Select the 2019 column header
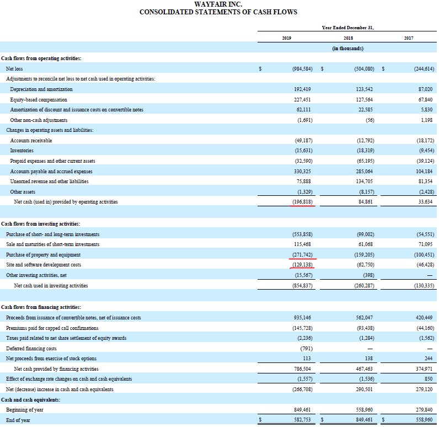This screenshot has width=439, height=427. [x=286, y=38]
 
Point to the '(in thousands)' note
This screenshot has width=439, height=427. [x=347, y=49]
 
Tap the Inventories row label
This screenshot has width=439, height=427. [x=22, y=150]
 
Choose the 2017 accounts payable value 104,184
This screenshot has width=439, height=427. [x=422, y=171]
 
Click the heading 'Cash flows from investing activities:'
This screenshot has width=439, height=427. [x=40, y=223]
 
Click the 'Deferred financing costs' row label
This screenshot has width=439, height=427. [x=31, y=348]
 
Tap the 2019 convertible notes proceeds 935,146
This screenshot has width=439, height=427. [x=302, y=317]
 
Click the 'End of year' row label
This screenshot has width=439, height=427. [x=18, y=420]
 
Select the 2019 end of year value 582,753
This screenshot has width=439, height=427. [x=302, y=420]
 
